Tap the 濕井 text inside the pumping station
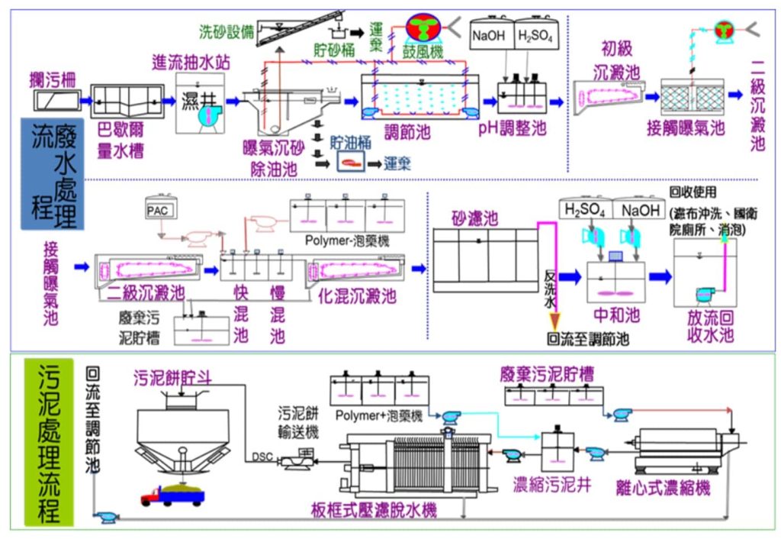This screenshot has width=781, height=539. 198,100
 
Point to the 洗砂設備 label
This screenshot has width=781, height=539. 225,32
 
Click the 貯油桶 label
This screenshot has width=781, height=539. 350,142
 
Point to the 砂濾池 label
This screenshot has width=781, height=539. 473,219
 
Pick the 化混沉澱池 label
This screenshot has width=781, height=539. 357,295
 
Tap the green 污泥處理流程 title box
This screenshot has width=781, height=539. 49,443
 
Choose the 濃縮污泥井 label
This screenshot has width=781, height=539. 551,485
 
